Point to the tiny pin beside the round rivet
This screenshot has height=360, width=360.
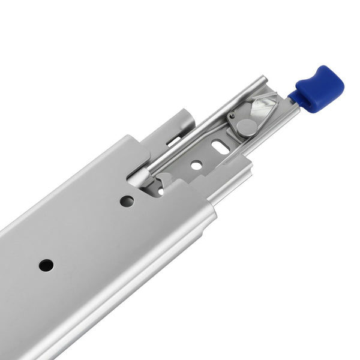[232, 116]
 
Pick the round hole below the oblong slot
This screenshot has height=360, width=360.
[196, 163]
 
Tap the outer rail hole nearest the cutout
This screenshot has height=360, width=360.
[127, 202]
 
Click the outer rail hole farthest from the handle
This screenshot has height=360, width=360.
[46, 265]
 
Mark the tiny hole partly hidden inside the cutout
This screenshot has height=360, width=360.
[160, 191]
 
